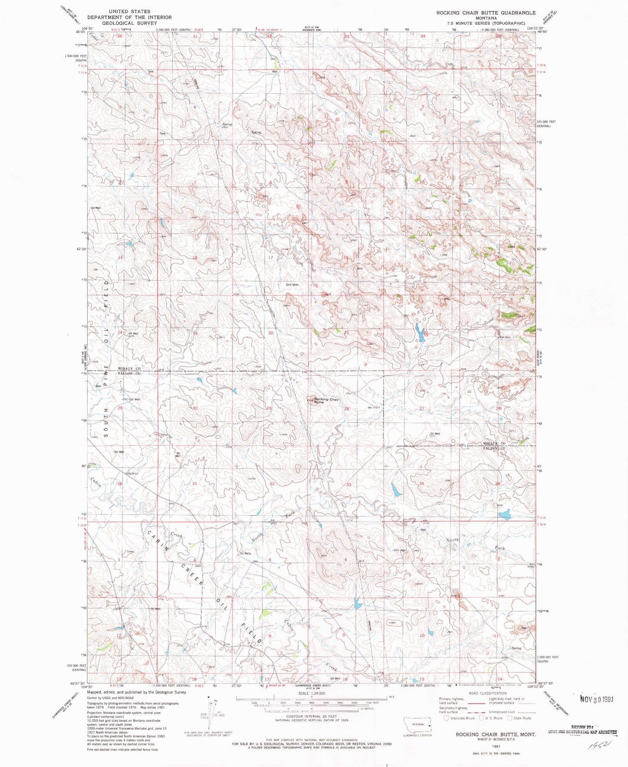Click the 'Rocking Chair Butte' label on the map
[x=326, y=401]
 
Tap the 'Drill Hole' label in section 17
[x=292, y=285]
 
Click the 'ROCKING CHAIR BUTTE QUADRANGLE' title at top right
[x=486, y=13]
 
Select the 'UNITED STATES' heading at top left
[x=130, y=11]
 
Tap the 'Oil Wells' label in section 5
[x=246, y=553]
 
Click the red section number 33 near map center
[x=349, y=485]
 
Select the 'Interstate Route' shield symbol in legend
[x=446, y=718]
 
